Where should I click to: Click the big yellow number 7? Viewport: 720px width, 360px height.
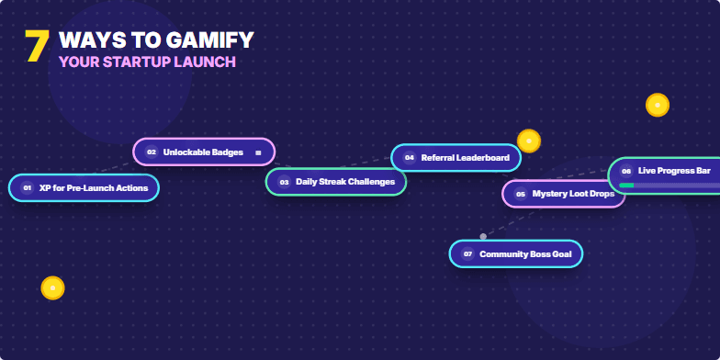36,47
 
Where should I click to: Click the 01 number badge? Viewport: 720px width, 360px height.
27,187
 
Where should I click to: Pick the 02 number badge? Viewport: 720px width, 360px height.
152,152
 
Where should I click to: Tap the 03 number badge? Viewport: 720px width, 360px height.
284,182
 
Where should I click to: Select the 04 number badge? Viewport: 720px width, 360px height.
409,158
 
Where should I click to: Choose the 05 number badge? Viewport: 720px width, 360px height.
520,194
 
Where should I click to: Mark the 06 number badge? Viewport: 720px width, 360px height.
625,171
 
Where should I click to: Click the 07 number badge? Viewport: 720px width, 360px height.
467,253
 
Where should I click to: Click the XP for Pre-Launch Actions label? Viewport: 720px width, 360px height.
94,187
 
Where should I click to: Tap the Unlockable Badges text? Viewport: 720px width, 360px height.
203,152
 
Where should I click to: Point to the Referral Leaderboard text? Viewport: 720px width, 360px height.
465,158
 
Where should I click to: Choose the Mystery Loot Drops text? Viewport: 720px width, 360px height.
573,194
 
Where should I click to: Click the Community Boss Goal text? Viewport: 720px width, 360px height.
525,253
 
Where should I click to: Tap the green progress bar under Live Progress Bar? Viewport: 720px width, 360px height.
626,186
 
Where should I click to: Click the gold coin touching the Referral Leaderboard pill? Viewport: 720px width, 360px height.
528,141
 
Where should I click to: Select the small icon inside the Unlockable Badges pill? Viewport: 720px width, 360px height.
258,152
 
